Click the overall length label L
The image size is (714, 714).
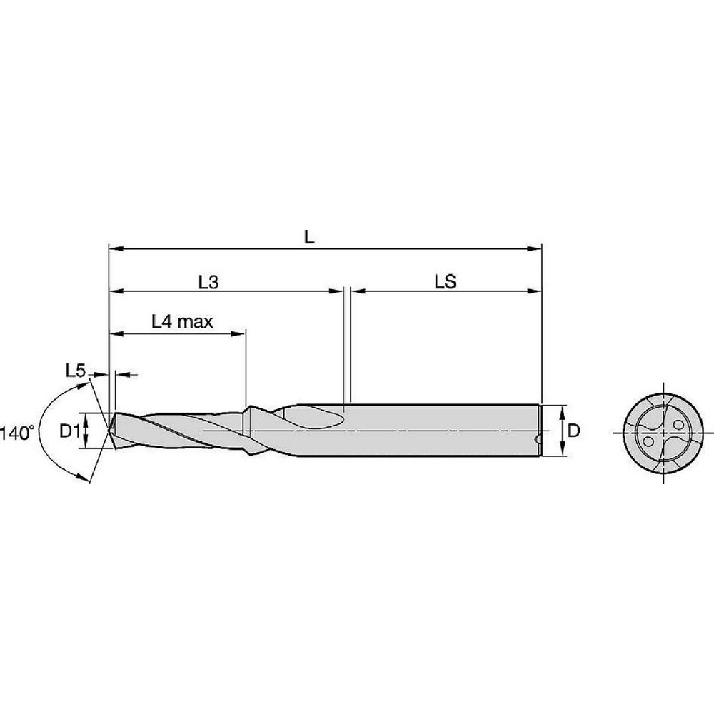[308, 238]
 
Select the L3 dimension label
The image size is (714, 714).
[208, 282]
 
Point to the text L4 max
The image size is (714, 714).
[183, 321]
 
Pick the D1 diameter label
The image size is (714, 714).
[68, 431]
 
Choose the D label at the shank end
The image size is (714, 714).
[573, 431]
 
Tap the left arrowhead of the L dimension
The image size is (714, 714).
[114, 249]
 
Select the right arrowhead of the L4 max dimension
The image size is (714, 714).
[241, 333]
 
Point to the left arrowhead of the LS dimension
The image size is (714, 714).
[356, 291]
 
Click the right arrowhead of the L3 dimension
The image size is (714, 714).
[338, 291]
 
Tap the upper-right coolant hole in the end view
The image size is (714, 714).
[678, 424]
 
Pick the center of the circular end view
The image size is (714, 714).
[663, 433]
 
